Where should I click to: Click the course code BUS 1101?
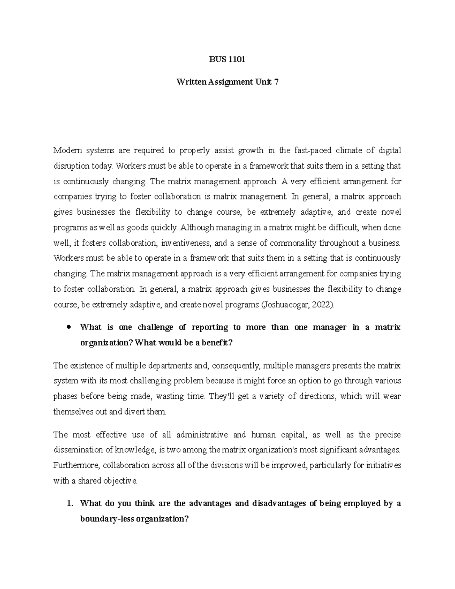[227, 60]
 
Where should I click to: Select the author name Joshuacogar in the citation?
[283, 305]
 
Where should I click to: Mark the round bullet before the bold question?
[69, 327]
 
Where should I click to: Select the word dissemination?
[78, 450]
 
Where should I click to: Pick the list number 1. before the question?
[69, 504]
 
